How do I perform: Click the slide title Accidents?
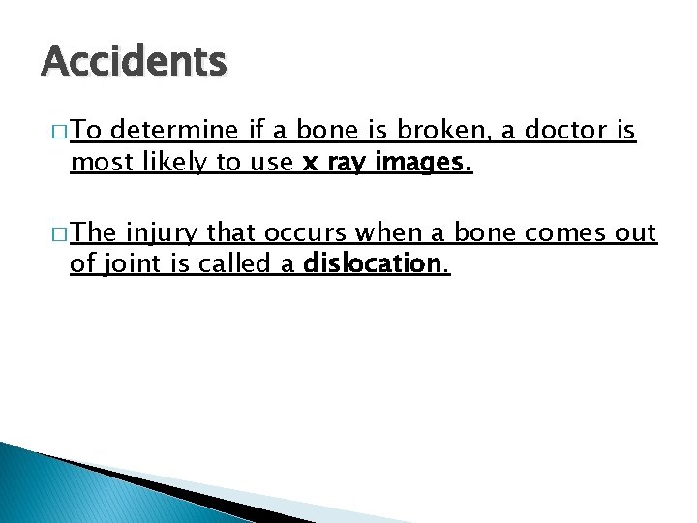[134, 63]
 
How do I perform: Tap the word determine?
[181, 131]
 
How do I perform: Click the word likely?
[170, 164]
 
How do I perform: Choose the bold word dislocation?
[372, 262]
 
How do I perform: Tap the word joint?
[132, 262]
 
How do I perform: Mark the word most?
[98, 164]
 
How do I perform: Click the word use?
[273, 164]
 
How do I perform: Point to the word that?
[229, 233]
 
